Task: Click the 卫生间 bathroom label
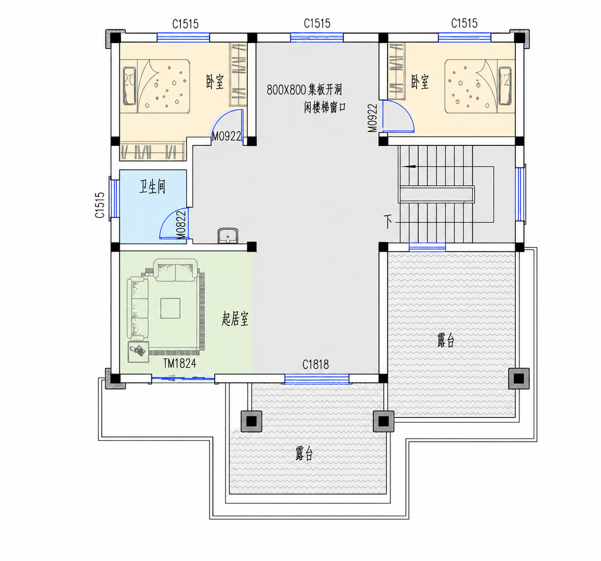pos(152,187)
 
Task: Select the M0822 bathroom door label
pos(181,225)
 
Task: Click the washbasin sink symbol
pos(227,236)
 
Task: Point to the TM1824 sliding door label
pos(180,363)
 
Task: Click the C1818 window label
pos(316,365)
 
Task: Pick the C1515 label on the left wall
pos(100,205)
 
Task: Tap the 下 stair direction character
pos(388,221)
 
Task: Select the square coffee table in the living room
pos(170,308)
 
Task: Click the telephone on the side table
pos(138,351)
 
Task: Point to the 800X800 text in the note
pos(286,90)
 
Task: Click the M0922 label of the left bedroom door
pos(226,137)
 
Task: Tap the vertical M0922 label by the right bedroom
pos(373,118)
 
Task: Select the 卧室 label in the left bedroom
pos(215,82)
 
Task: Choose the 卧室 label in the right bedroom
pos(420,82)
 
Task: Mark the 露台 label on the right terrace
pos(446,340)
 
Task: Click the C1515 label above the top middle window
pos(317,23)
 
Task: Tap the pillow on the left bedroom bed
pos(130,86)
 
